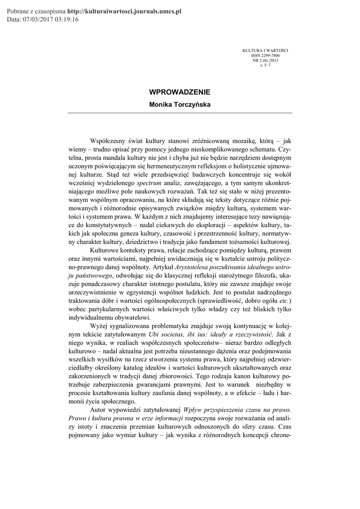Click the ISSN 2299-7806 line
265,56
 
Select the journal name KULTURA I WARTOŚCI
265,51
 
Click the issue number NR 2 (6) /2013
265,60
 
